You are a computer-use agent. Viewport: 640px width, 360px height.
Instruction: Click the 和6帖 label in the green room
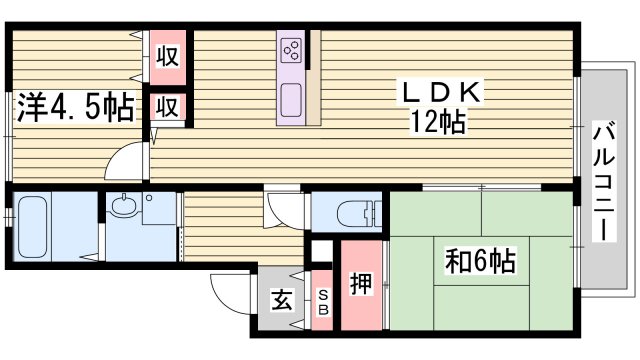click(480, 262)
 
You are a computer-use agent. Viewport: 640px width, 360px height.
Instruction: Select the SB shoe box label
click(323, 300)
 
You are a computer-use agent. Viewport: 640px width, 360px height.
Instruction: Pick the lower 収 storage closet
click(168, 108)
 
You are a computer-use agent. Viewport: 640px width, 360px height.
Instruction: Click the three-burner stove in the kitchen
click(293, 49)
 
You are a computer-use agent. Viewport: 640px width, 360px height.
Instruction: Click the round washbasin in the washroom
click(124, 207)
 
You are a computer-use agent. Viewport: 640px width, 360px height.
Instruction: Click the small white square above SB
click(322, 251)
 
